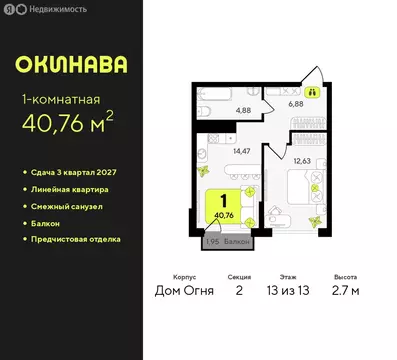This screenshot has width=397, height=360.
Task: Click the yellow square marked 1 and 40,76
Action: (225, 204)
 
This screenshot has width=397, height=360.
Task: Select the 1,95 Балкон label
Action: (228, 241)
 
